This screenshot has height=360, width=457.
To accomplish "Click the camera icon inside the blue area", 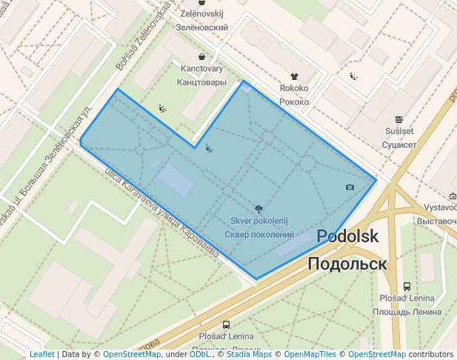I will point(350,187).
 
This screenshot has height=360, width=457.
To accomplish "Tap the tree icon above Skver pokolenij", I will point(258,209).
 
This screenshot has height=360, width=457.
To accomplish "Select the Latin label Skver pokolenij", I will point(258,221).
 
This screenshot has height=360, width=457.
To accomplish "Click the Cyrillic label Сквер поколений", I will point(258,235).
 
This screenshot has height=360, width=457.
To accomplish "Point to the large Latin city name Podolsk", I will point(347,237).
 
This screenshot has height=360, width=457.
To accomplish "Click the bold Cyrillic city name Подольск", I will point(347,264).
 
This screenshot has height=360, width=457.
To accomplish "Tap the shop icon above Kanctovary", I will point(202,56).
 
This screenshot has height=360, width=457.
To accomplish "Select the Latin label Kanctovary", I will point(202,69).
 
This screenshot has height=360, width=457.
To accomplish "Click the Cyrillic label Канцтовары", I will point(202,82).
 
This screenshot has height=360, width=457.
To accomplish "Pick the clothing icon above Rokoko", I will point(294,76).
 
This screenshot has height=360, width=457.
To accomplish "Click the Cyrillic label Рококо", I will point(294,101).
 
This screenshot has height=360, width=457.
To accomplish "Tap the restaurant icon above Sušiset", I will point(399,119).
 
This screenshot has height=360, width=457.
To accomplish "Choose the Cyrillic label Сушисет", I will point(399,144).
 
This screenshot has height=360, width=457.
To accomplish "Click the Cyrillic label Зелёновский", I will point(201,27).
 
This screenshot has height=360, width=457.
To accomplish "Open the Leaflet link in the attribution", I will point(41,354).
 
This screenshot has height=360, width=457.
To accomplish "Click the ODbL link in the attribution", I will point(200,354).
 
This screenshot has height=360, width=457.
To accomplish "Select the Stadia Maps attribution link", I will point(249,354).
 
